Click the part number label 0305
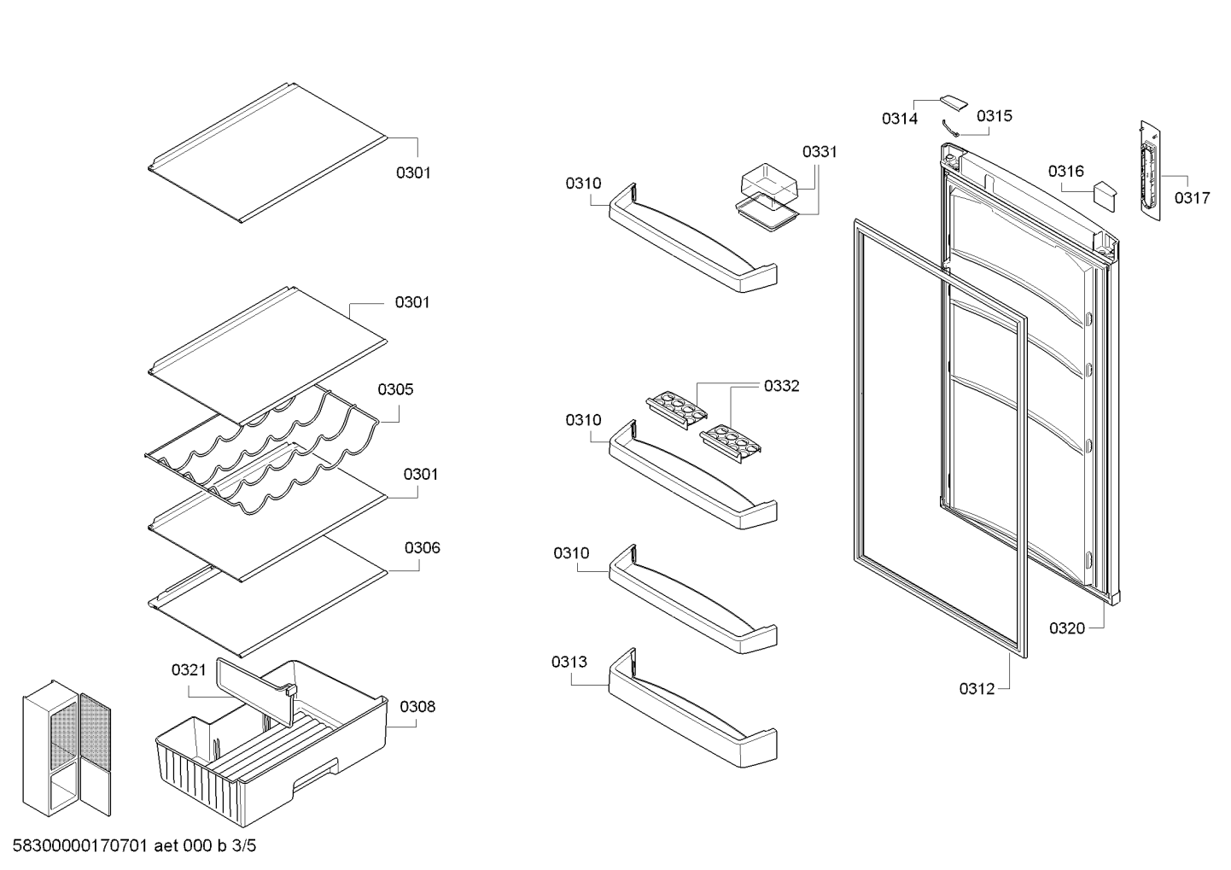pos(395,389)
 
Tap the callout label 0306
pos(422,548)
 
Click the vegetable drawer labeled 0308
pos(271,753)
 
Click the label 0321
pos(189,670)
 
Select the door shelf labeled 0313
pos(692,708)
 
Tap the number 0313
pos(569,663)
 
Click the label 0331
pos(820,152)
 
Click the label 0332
pos(781,386)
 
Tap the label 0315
pos(995,116)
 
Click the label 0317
pos(1192,198)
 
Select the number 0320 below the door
pos(1067,628)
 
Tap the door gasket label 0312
pos(977,689)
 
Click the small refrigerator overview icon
pos(67,748)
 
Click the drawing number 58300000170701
pos(79,846)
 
